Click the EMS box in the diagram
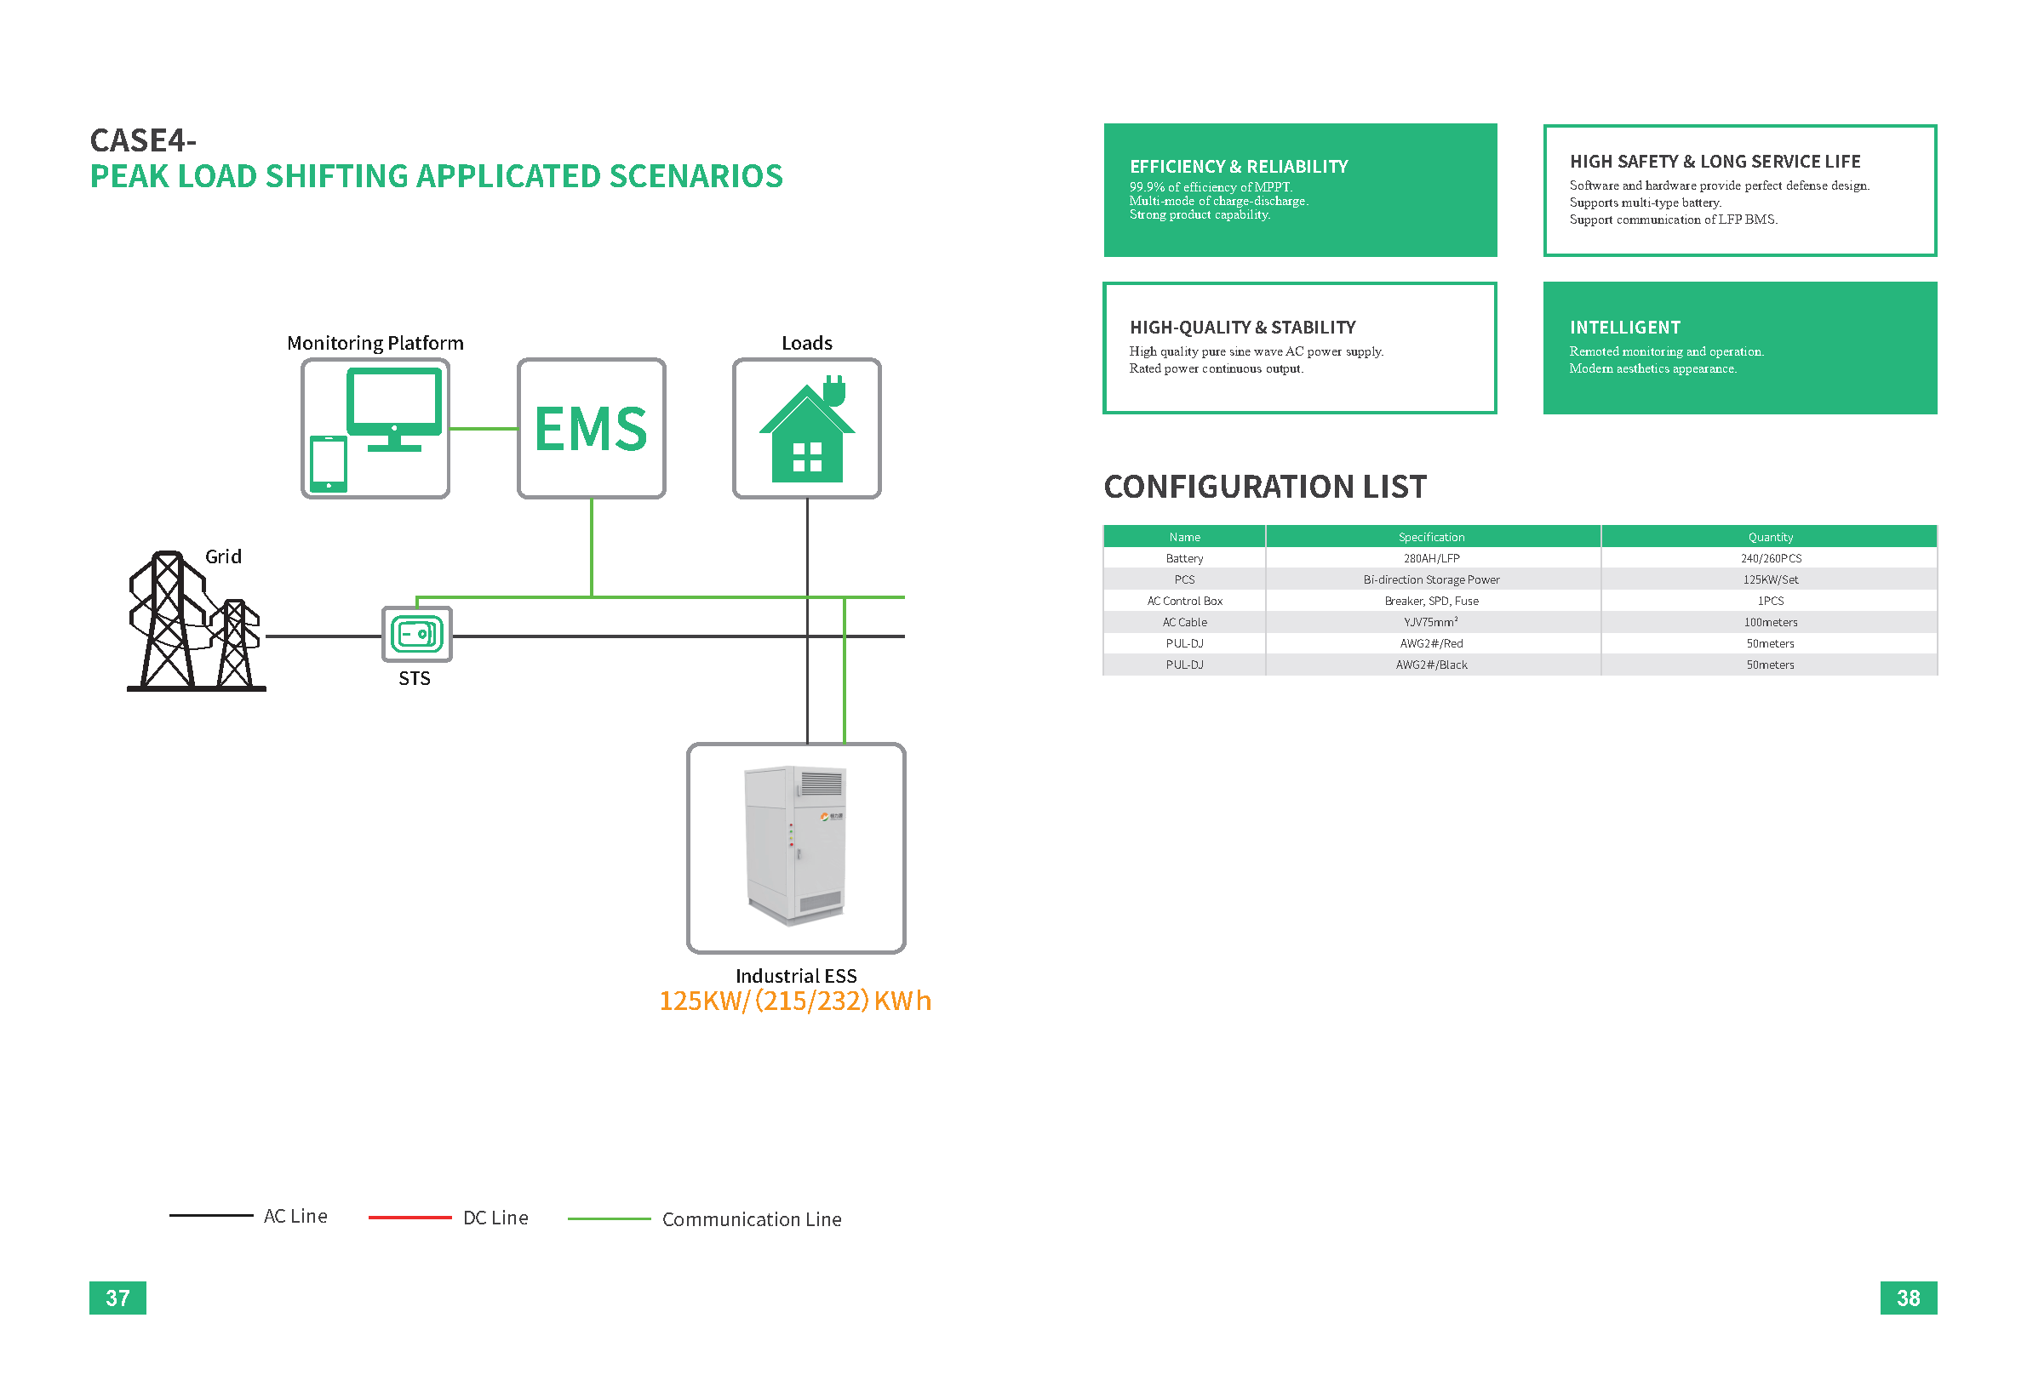coord(592,428)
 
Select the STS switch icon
coord(417,634)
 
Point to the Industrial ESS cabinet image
coord(795,845)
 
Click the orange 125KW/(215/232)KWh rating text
coord(795,1000)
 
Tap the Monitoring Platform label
coord(375,343)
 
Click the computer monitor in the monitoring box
coord(394,409)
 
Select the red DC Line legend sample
coord(410,1218)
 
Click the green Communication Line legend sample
coord(609,1218)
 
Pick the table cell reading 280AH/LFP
coord(1431,558)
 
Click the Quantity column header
coord(1770,537)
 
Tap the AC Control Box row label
coord(1184,601)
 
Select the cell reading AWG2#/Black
coord(1431,665)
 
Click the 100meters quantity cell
coord(1770,622)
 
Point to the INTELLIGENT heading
coord(1624,327)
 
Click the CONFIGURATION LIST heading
coord(1265,487)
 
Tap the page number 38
coord(1908,1298)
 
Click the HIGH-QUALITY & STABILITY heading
coord(1242,327)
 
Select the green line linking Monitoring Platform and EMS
coord(484,428)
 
